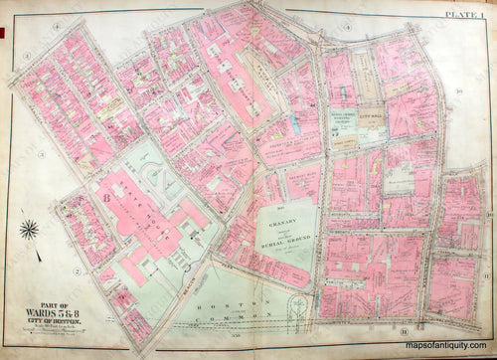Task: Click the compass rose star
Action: coord(28,231)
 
